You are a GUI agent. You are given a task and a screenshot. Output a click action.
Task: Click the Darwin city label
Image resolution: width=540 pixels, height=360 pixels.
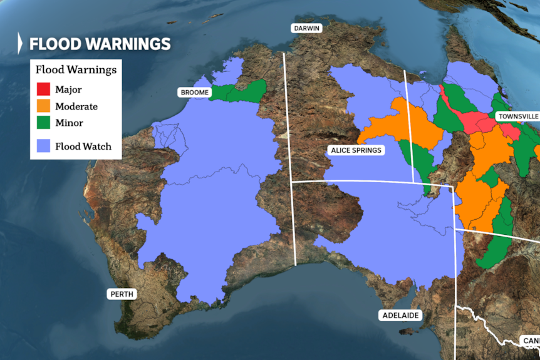click(x=305, y=28)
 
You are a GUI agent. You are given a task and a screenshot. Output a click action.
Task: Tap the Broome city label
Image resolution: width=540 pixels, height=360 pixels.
click(x=195, y=93)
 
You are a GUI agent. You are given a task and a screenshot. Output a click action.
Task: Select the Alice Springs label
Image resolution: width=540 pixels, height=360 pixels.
click(x=355, y=150)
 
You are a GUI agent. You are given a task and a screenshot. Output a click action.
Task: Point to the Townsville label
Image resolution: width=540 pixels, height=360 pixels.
click(x=517, y=116)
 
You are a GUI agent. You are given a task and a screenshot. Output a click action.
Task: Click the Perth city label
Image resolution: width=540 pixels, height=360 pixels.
click(x=122, y=294)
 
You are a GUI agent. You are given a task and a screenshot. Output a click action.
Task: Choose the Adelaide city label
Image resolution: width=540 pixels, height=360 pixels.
click(x=400, y=316)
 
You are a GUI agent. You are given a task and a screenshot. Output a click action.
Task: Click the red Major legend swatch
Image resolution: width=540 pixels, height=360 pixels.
click(x=43, y=90)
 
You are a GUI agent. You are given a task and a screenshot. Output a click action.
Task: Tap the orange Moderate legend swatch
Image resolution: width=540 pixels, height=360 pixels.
click(x=43, y=106)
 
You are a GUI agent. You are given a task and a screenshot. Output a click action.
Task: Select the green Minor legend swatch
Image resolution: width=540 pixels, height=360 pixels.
click(x=43, y=123)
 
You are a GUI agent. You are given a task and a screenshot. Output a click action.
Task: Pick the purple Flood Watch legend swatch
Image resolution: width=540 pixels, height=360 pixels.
click(x=43, y=147)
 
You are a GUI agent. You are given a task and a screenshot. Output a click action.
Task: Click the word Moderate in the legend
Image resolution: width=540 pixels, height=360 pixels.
click(x=76, y=106)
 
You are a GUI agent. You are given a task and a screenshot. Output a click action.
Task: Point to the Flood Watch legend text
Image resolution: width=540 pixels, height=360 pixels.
click(x=83, y=147)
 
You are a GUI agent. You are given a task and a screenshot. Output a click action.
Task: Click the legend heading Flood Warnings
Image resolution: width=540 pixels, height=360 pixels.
click(x=76, y=69)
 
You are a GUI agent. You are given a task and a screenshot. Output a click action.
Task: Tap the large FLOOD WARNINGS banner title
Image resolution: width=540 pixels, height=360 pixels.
click(x=100, y=44)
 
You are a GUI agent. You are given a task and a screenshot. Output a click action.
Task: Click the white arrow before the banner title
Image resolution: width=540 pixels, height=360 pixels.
click(x=21, y=43)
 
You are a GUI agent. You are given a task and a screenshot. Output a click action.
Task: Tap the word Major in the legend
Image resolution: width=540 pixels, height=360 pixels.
click(x=68, y=90)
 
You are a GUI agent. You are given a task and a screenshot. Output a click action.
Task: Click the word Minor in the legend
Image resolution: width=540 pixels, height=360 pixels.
click(x=69, y=123)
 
